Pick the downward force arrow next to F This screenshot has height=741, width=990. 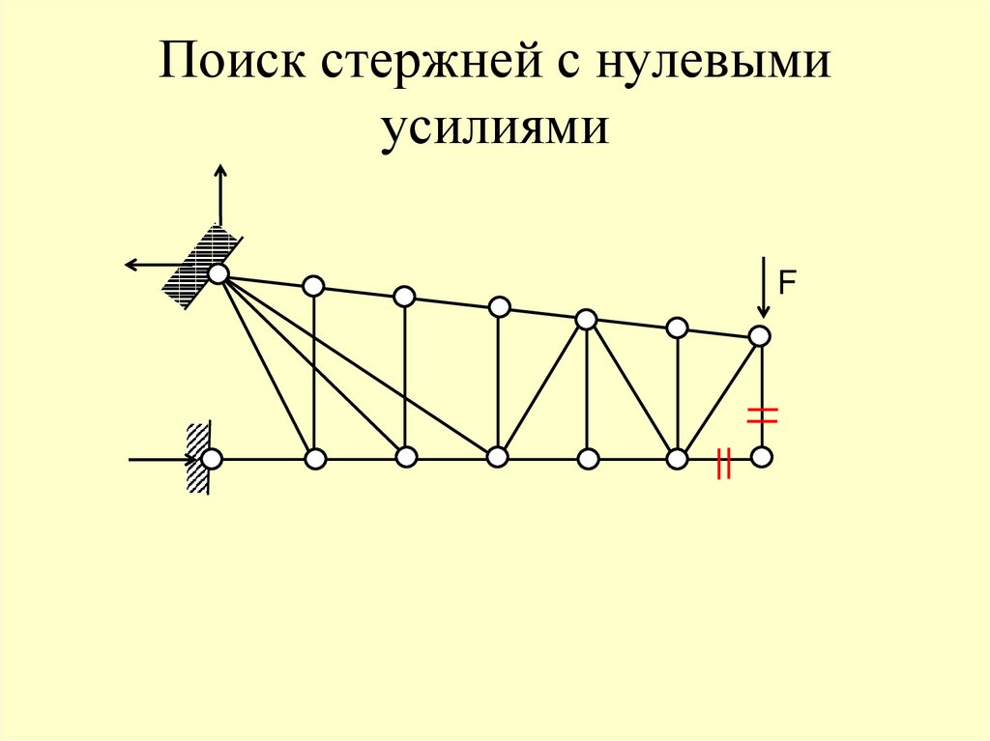[x=764, y=288]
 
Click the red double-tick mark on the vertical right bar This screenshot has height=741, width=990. [x=762, y=415]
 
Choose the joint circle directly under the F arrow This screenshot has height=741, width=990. [x=760, y=336]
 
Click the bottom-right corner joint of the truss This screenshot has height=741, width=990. [x=762, y=456]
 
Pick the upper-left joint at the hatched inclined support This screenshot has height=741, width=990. [x=218, y=274]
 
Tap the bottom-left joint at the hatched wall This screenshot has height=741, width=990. [x=211, y=458]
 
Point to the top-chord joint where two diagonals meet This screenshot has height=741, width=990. [x=586, y=319]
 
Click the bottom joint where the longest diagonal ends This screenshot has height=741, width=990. [x=497, y=457]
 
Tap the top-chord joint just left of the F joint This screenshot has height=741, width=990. [x=678, y=328]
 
